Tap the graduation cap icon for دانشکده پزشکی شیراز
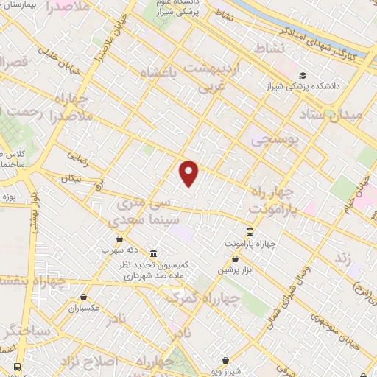(303, 75)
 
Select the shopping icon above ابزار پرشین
(235, 258)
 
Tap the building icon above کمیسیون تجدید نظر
(153, 251)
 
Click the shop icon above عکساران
(82, 297)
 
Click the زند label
(342, 259)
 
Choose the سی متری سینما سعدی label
(144, 210)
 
